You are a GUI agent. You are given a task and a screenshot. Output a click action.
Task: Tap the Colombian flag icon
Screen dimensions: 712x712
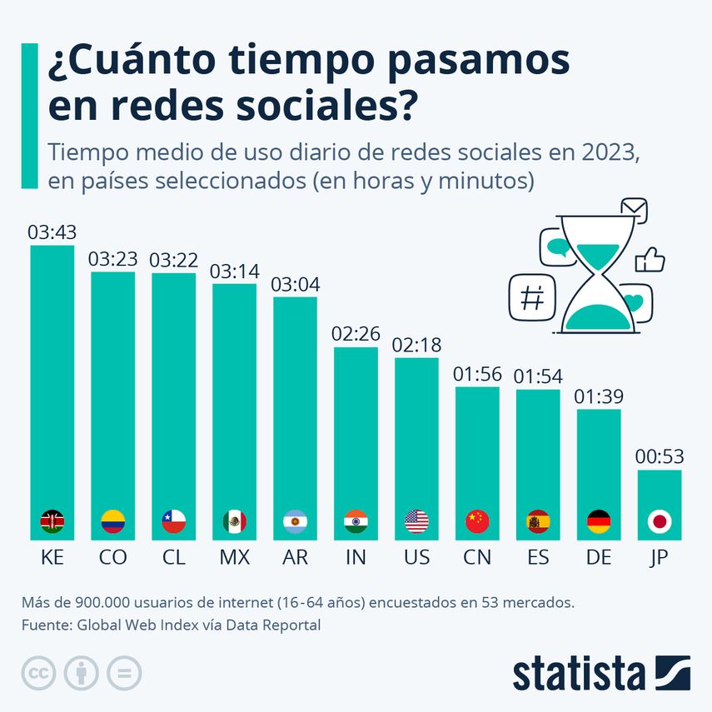click(112, 522)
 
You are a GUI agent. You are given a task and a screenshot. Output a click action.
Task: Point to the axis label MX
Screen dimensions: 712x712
click(234, 558)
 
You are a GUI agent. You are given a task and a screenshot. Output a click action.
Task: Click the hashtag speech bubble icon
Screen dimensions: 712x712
click(531, 296)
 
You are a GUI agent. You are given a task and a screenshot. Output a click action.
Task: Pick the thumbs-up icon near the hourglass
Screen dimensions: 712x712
click(650, 261)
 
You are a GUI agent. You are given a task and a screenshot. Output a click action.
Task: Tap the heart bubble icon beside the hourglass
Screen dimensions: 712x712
click(635, 302)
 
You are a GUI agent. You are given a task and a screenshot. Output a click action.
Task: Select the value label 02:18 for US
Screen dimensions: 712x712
click(416, 346)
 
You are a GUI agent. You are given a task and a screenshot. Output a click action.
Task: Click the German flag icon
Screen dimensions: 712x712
click(599, 522)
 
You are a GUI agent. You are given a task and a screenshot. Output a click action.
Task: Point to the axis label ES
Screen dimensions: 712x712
click(538, 558)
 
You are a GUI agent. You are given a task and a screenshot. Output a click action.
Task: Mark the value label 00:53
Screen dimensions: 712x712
click(660, 458)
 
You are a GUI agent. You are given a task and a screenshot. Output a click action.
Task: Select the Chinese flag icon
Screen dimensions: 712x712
click(477, 522)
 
